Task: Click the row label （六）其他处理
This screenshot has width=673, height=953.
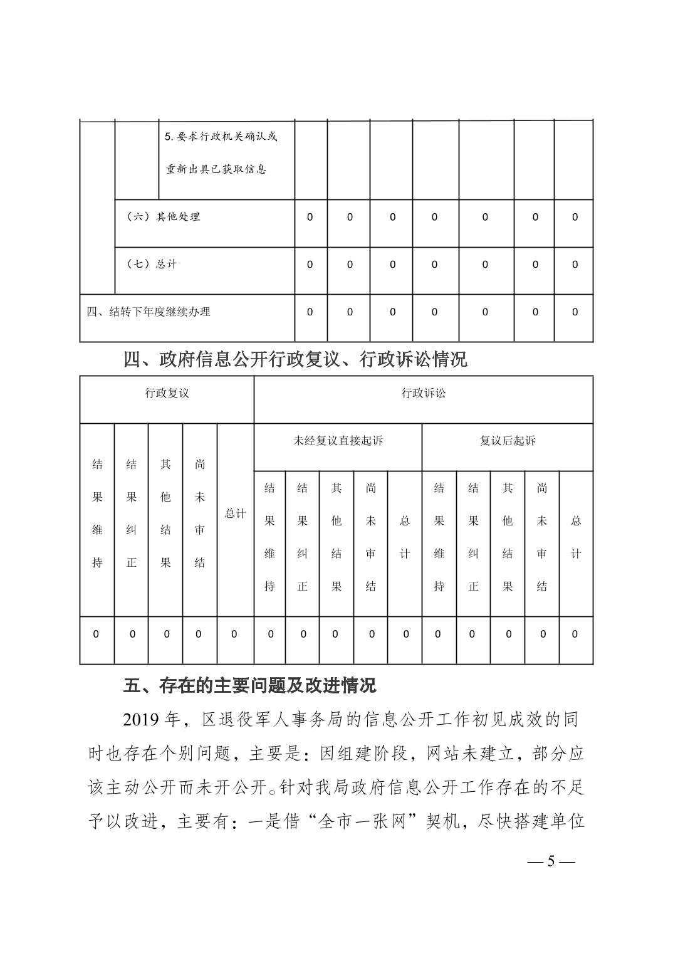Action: (x=163, y=217)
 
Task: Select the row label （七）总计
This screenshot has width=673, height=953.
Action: (x=152, y=265)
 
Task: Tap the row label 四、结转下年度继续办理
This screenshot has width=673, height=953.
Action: (x=149, y=312)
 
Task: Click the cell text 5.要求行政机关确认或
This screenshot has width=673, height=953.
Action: (x=221, y=137)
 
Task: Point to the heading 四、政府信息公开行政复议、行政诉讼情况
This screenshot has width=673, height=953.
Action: (x=295, y=359)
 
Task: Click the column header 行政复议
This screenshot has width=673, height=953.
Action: (x=167, y=394)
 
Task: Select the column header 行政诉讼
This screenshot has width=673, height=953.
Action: (x=423, y=394)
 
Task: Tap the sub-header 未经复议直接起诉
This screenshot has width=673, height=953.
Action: (x=338, y=441)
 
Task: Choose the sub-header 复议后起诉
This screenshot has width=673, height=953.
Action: (x=508, y=441)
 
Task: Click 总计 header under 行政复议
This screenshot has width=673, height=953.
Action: (x=235, y=513)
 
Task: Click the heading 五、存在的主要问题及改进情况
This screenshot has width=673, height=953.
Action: (x=249, y=685)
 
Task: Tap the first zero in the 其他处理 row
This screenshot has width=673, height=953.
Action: (x=310, y=217)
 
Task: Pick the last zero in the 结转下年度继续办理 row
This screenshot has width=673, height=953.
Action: (x=575, y=312)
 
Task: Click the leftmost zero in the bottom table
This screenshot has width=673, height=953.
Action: (x=96, y=634)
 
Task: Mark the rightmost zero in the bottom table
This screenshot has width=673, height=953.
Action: (x=575, y=634)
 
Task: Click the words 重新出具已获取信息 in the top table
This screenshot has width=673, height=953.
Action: (x=216, y=169)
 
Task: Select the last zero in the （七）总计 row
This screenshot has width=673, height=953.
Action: (x=575, y=265)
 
